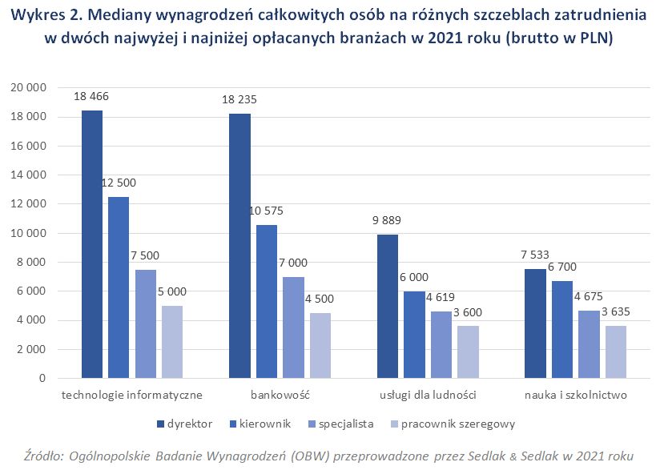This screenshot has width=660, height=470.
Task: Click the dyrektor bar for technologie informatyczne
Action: coord(91,244)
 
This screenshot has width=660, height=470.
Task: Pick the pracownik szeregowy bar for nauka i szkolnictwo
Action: coord(616,351)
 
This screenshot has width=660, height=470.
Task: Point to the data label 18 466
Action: coord(91,97)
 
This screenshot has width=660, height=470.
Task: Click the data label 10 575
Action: coord(266,211)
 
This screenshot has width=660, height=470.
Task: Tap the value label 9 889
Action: coord(387,221)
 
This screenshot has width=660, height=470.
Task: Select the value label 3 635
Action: coord(616,312)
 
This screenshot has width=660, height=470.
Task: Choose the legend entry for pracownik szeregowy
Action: coord(458,424)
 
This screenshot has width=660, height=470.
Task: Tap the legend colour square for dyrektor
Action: coord(161,424)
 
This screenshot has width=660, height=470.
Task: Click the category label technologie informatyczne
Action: coord(132,395)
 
